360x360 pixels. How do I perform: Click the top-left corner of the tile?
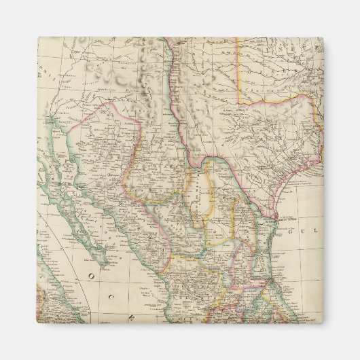coord(38,37)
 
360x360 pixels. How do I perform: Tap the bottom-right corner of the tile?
coord(323,323)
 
